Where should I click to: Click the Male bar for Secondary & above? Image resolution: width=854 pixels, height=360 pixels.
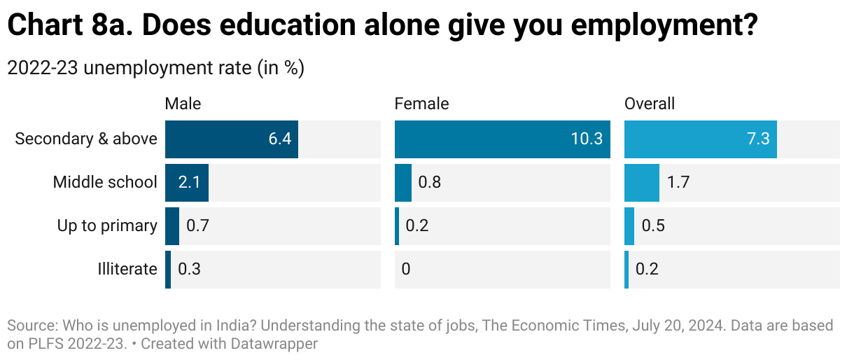pyautogui.click(x=232, y=139)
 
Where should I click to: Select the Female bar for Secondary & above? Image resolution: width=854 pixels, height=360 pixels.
pyautogui.click(x=502, y=139)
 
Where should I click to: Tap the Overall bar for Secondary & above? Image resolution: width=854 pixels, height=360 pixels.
pyautogui.click(x=700, y=139)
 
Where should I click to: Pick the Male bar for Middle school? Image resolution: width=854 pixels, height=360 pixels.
pyautogui.click(x=186, y=182)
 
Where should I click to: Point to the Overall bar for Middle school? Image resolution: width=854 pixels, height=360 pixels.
pyautogui.click(x=641, y=182)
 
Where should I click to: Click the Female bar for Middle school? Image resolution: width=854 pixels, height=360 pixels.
pyautogui.click(x=403, y=182)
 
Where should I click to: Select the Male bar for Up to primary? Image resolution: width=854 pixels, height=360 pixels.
pyautogui.click(x=172, y=226)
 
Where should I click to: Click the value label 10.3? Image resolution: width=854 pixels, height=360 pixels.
pyautogui.click(x=587, y=139)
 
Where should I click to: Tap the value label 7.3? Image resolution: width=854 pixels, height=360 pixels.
pyautogui.click(x=758, y=139)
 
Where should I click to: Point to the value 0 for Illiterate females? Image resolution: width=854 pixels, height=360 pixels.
pyautogui.click(x=406, y=269)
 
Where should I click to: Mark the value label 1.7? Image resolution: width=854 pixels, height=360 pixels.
pyautogui.click(x=678, y=182)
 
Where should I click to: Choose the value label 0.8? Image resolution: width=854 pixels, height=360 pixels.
pyautogui.click(x=429, y=182)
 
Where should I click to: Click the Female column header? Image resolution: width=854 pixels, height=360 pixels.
pyautogui.click(x=421, y=104)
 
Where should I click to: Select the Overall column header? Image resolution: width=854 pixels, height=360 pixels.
pyautogui.click(x=650, y=104)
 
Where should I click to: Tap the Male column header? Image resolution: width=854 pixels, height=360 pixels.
pyautogui.click(x=183, y=104)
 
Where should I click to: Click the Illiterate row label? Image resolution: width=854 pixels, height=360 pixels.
pyautogui.click(x=127, y=269)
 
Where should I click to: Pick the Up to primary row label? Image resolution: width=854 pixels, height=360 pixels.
pyautogui.click(x=107, y=226)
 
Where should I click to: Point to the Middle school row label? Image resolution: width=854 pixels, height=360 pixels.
pyautogui.click(x=105, y=182)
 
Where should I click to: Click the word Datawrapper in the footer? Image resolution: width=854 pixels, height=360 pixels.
pyautogui.click(x=278, y=344)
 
